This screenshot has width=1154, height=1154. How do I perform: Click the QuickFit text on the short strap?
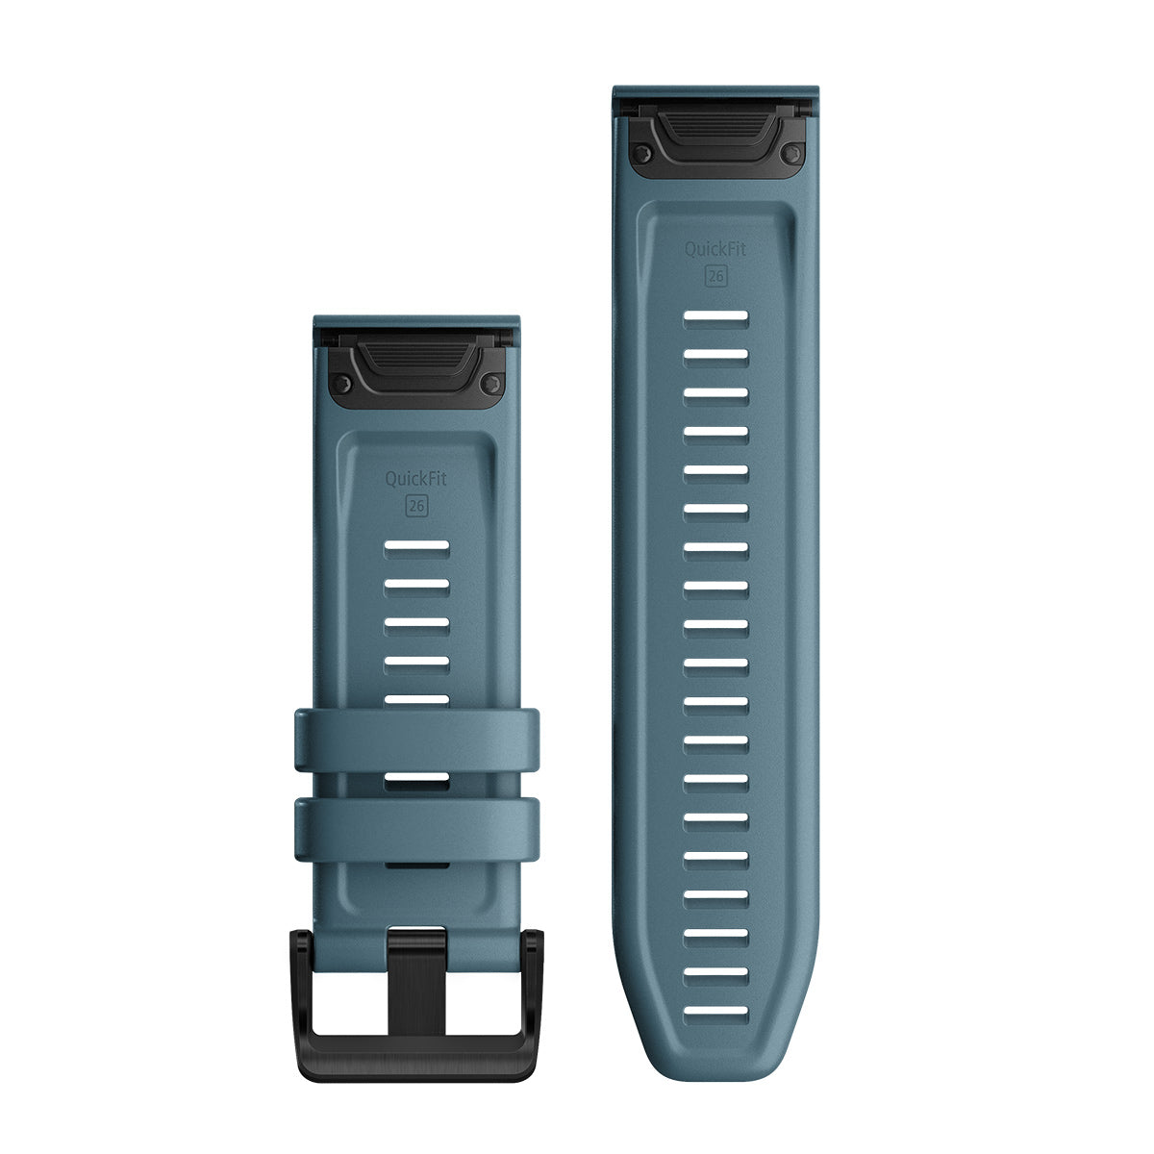pyautogui.click(x=415, y=479)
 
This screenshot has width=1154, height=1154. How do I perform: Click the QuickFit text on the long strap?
pyautogui.click(x=715, y=248)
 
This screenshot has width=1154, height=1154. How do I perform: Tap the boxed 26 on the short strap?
pyautogui.click(x=416, y=506)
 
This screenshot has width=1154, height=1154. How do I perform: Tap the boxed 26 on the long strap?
pyautogui.click(x=715, y=276)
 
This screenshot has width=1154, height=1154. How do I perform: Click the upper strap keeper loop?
pyautogui.click(x=416, y=740)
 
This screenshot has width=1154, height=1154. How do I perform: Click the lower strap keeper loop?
pyautogui.click(x=416, y=829)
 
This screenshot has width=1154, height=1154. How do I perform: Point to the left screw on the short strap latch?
pyautogui.click(x=341, y=384)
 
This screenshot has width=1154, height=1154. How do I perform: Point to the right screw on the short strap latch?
pyautogui.click(x=492, y=384)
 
